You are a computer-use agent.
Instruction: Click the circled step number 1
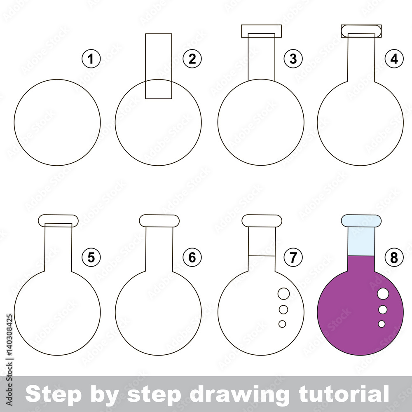91,59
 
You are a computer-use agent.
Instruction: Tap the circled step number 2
192,59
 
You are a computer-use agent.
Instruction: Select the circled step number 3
293,59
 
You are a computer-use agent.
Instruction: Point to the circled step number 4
394,59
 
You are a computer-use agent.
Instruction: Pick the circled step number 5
91,257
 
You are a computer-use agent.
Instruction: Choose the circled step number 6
192,257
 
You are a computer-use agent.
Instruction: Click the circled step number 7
293,257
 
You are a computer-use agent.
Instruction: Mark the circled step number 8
394,257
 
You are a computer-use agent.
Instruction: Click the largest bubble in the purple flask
383,294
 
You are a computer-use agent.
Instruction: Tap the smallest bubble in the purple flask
382,324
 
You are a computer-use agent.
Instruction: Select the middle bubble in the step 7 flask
283,309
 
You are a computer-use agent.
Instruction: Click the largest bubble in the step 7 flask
283,294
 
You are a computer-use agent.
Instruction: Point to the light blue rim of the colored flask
361,221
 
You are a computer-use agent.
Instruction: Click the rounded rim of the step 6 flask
159,221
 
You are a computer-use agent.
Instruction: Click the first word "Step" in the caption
48,394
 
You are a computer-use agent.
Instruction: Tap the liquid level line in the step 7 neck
261,256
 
